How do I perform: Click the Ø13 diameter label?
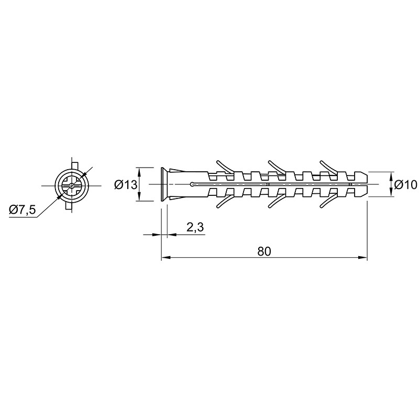126,185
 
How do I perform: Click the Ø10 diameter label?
405,185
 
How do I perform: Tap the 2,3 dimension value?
195,227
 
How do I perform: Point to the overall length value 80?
264,251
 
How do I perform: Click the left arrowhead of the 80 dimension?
166,258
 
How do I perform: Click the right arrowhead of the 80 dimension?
363,258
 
